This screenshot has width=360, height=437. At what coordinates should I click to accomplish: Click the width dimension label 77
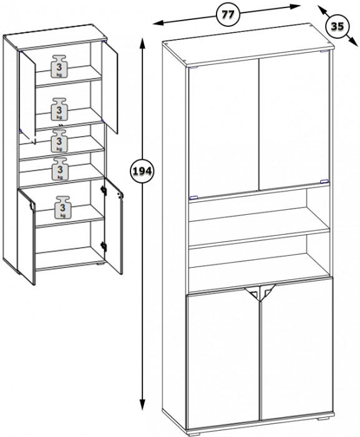click(x=228, y=14)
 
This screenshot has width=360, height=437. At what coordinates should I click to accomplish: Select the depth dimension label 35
click(x=337, y=26)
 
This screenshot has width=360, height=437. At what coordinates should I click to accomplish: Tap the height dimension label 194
click(x=142, y=171)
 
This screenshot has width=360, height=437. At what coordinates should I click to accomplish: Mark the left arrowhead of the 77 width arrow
click(x=157, y=23)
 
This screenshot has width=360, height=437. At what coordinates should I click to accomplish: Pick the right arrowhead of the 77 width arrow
click(x=294, y=6)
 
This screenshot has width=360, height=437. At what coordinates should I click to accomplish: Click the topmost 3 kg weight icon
click(x=59, y=66)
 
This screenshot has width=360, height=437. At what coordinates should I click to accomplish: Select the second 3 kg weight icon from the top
click(x=59, y=109)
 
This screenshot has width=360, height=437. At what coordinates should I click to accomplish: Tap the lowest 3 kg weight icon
click(x=63, y=207)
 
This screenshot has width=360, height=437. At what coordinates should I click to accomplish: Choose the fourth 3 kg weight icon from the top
click(x=60, y=169)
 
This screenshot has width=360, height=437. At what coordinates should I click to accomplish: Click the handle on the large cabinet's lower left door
click(x=252, y=293)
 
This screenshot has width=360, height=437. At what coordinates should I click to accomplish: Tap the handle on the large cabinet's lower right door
click(x=268, y=292)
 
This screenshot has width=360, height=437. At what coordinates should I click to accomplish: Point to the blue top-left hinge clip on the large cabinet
click(x=193, y=67)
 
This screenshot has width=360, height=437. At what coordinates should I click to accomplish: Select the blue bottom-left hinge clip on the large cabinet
click(x=193, y=198)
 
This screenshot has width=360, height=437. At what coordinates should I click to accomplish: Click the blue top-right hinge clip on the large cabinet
click(x=324, y=51)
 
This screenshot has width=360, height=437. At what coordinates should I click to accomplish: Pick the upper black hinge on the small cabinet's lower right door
click(x=104, y=190)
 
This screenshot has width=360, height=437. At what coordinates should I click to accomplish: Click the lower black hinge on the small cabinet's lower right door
click(x=104, y=247)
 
